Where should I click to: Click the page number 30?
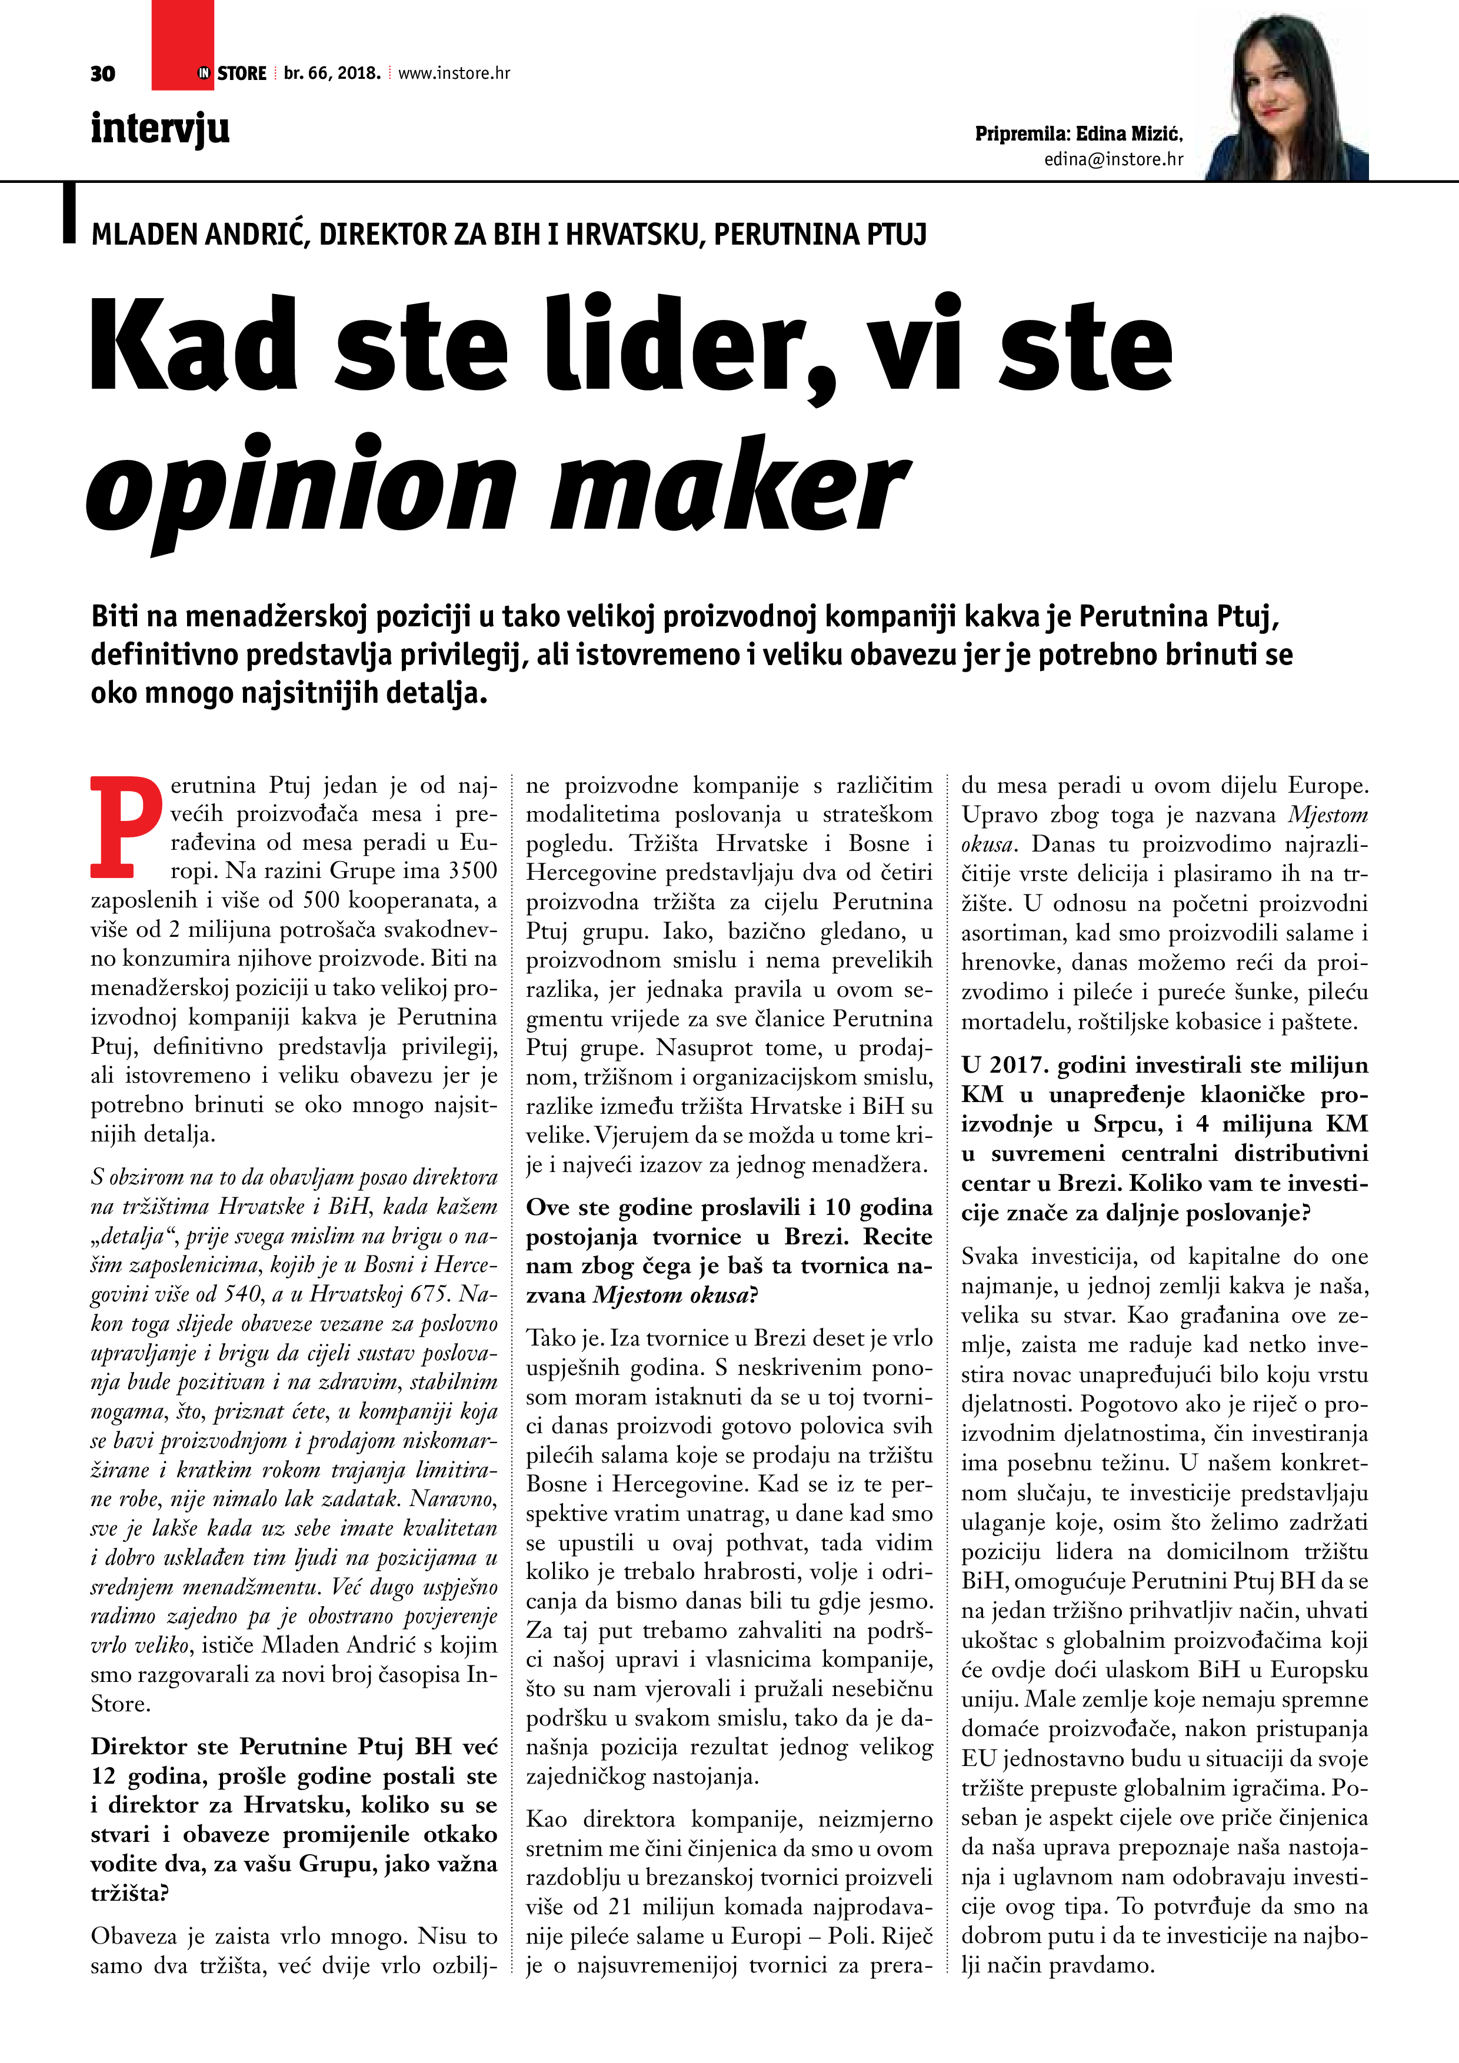point(102,74)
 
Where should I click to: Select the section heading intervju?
point(160,128)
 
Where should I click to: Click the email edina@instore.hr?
point(1114,159)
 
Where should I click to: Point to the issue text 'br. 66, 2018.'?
point(332,74)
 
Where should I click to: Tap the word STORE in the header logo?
point(242,74)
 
